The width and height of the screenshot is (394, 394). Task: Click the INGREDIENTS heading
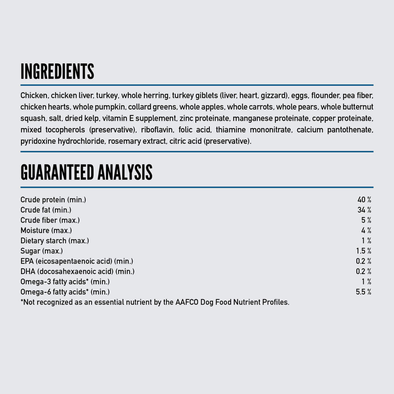click(x=57, y=71)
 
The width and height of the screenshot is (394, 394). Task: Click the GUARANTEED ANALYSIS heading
click(x=86, y=172)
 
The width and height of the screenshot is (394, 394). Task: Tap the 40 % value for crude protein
click(x=364, y=200)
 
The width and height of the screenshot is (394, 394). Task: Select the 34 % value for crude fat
click(x=364, y=210)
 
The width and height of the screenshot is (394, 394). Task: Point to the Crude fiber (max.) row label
click(x=50, y=220)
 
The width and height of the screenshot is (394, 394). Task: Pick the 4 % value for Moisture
click(x=366, y=230)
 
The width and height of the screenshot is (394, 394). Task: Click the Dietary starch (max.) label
click(x=55, y=241)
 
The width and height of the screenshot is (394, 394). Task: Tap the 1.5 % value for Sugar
click(x=363, y=251)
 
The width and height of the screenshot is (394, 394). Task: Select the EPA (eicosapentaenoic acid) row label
click(x=77, y=261)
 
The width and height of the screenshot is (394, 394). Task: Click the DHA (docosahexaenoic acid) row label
click(x=77, y=272)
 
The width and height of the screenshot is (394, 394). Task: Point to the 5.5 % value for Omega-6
click(x=363, y=292)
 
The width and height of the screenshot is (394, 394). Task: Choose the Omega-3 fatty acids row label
click(x=65, y=282)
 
